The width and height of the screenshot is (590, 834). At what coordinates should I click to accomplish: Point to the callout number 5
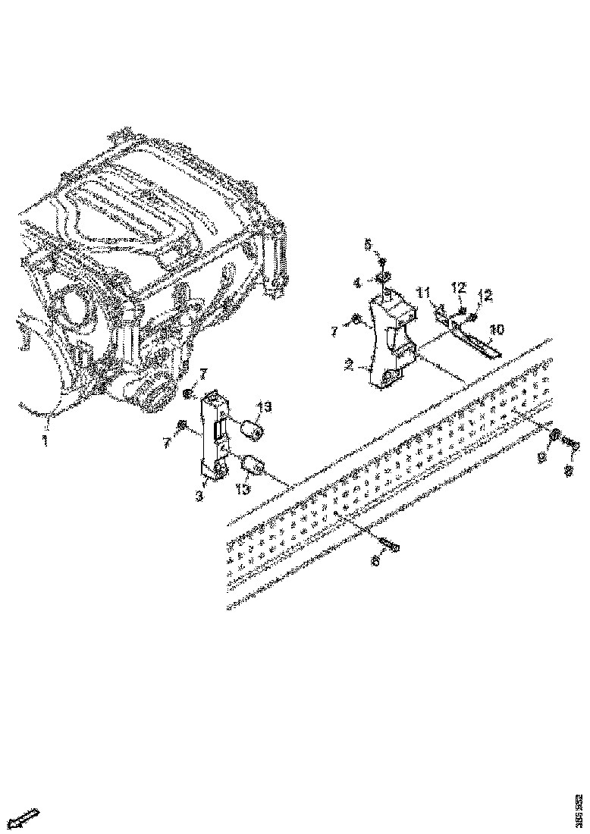[x=367, y=244]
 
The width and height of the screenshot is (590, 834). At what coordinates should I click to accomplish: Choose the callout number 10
[x=497, y=330]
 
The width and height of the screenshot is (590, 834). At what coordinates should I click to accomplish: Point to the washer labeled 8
[x=555, y=436]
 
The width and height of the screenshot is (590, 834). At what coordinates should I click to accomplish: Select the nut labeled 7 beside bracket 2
[x=355, y=321]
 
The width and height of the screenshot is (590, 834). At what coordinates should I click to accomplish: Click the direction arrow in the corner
[x=27, y=817]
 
